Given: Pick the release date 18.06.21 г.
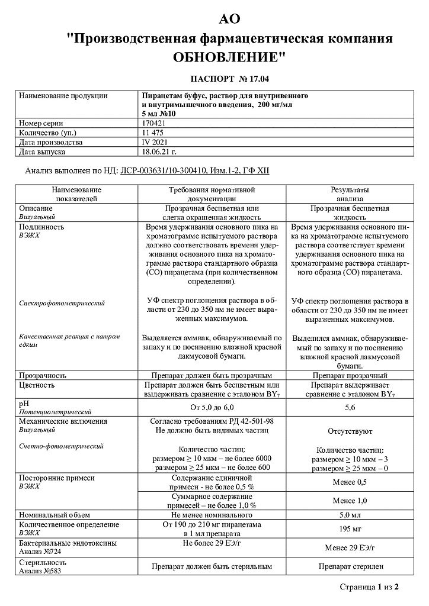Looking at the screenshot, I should pos(159,152).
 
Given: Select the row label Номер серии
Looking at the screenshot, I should pos(40,123).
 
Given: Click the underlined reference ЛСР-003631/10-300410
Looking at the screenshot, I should pos(162,170).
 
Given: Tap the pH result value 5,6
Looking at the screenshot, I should pos(350,408).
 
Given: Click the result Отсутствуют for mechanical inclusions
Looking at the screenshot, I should pos(350,432).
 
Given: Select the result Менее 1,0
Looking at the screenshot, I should pos(350,501).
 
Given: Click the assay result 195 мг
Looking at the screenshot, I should pos(350,528).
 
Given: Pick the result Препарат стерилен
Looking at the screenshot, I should pos(350,566).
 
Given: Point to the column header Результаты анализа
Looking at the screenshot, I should pos(350,194).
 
